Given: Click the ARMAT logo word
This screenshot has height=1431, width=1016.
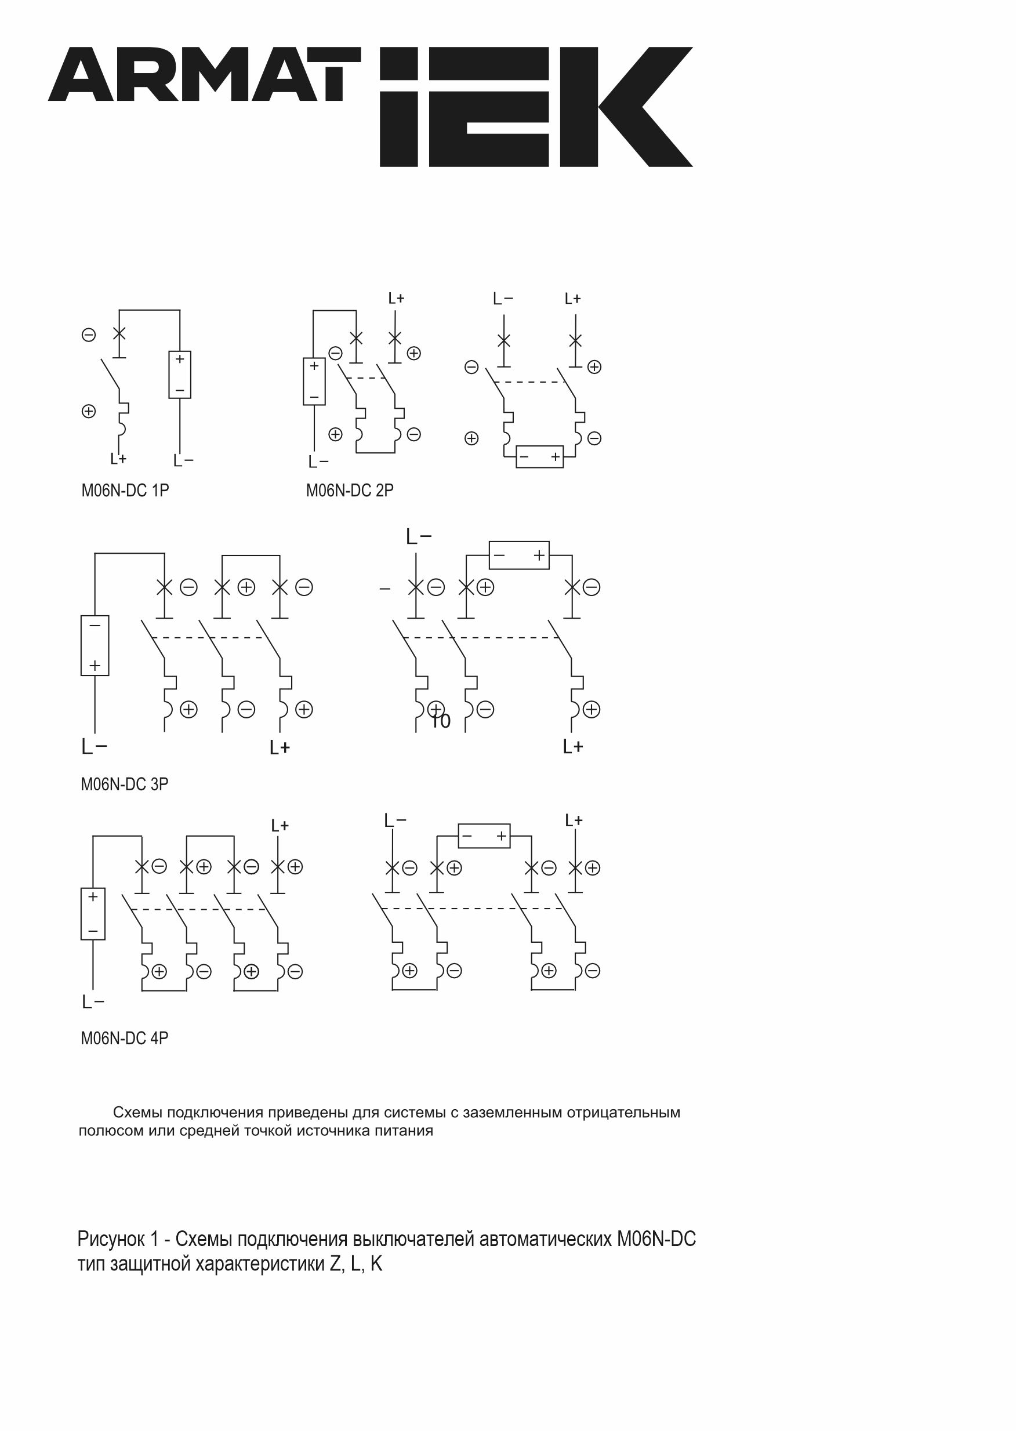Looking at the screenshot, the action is [205, 74].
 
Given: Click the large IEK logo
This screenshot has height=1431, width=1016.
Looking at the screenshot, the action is [536, 106].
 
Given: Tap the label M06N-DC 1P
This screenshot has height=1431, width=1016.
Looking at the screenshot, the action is [125, 491].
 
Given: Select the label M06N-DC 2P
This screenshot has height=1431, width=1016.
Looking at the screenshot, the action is [350, 491].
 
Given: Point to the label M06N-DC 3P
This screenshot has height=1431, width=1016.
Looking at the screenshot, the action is [125, 784].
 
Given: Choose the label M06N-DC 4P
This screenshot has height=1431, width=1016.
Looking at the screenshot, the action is [125, 1038].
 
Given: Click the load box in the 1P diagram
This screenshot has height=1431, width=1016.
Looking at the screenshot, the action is [180, 375].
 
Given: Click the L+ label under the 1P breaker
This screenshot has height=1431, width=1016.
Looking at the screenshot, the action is [118, 459].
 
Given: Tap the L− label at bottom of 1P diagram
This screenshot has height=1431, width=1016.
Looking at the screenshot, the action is [183, 461].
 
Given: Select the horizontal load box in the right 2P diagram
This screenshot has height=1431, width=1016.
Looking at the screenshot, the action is [539, 456].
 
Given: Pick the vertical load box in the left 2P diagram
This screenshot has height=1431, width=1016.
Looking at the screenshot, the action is [314, 382].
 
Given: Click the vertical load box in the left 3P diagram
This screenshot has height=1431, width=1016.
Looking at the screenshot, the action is [95, 645].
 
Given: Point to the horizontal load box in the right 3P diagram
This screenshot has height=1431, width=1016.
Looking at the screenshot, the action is [518, 555].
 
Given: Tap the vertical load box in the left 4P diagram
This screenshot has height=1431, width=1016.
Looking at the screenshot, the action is [93, 914].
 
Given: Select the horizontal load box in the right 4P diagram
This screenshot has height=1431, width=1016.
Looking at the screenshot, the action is [484, 836].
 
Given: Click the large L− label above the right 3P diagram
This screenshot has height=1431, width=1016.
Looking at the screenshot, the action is [419, 536].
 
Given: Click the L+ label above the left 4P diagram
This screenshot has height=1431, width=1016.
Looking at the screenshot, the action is [280, 826].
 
